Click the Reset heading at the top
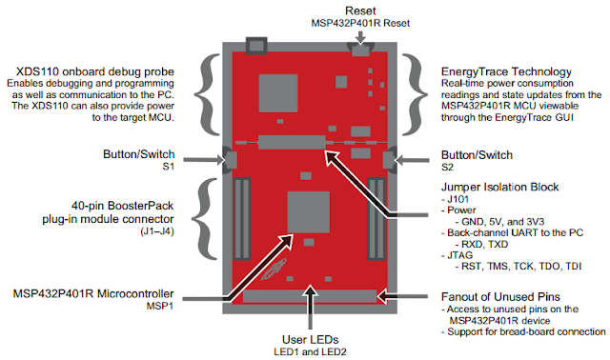360,10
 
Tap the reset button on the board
360,50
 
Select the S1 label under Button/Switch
168,167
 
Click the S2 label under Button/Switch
447,168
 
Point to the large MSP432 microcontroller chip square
309,211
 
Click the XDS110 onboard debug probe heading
95,71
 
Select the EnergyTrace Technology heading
506,71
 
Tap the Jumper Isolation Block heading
499,187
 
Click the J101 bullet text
456,199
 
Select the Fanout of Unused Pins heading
500,297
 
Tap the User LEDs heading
311,340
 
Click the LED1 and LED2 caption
310,352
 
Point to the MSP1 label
159,307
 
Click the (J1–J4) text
157,231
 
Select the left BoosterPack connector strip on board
242,218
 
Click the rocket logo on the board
274,269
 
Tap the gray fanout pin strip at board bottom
310,296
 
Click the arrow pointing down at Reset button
360,37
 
